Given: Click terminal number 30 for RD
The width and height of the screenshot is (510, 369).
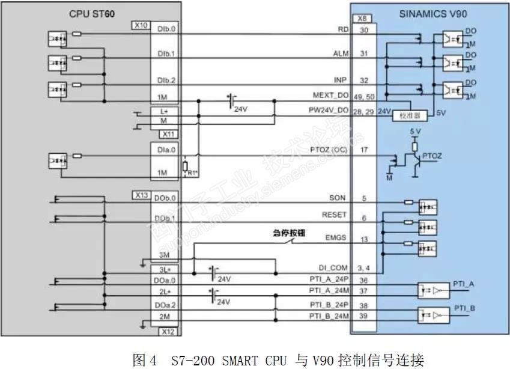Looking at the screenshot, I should [x=363, y=29].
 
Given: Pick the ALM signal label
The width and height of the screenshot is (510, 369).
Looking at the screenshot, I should [x=341, y=54].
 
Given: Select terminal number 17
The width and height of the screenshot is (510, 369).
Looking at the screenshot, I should [x=363, y=149].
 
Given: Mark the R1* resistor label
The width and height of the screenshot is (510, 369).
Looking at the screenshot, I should [x=192, y=173].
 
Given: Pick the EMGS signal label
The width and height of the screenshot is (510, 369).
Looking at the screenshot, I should [x=336, y=238].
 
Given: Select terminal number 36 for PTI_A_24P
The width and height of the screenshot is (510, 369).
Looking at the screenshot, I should [x=363, y=279].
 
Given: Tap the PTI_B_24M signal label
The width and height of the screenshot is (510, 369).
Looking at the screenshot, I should [x=329, y=316].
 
